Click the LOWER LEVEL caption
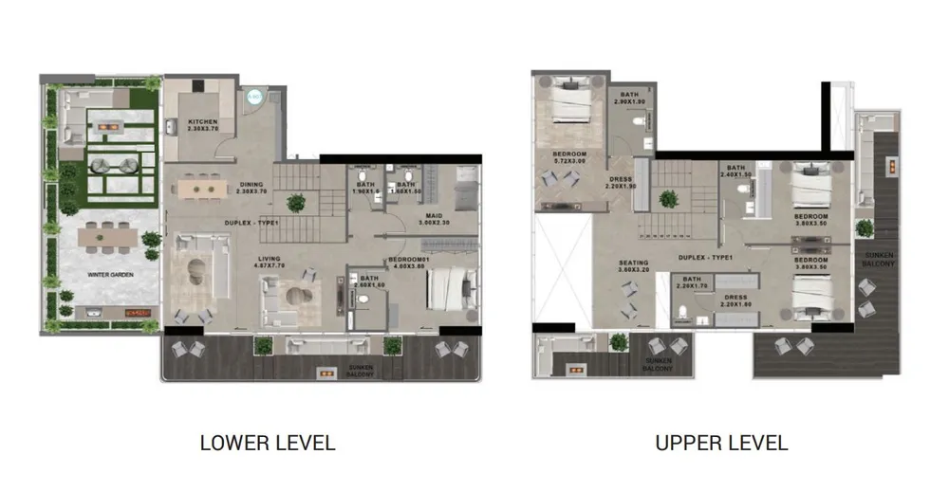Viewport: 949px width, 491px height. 267,443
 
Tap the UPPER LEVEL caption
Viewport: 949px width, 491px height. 720,443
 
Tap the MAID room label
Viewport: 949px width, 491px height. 435,218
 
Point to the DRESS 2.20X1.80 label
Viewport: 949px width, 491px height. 735,301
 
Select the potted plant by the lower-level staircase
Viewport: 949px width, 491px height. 297,201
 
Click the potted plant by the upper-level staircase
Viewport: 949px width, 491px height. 669,198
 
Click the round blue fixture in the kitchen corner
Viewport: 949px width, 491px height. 253,96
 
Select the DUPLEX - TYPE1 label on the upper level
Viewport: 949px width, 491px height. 706,257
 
